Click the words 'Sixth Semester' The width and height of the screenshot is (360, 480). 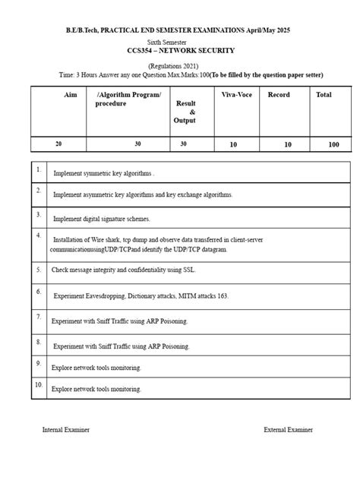click(x=180, y=43)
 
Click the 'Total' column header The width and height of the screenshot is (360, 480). click(x=324, y=95)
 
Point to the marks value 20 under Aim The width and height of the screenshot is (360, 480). click(x=59, y=143)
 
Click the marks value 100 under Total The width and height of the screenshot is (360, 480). click(x=334, y=144)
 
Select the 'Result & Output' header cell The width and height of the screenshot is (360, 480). click(x=185, y=111)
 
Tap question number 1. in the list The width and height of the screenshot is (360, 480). click(x=38, y=170)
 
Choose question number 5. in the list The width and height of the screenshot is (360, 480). click(x=39, y=269)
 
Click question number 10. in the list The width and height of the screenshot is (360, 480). click(x=39, y=386)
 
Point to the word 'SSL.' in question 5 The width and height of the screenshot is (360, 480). click(x=191, y=270)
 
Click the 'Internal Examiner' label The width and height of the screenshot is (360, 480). click(x=66, y=430)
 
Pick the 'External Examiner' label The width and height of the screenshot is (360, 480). click(x=288, y=430)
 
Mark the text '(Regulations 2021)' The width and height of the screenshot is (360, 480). click(x=181, y=67)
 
